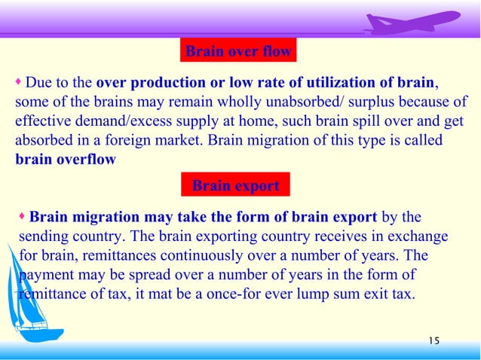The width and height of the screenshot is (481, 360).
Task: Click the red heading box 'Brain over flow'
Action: [237, 51]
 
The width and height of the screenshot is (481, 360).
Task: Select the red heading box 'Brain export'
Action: [236, 185]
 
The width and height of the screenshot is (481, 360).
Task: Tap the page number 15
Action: [433, 342]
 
